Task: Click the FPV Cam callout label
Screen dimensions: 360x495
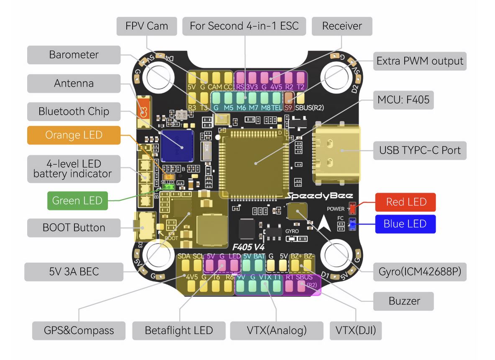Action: [146, 26]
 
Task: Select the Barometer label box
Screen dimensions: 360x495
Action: [74, 55]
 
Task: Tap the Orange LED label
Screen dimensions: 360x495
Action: [74, 135]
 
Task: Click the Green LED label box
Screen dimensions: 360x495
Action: [77, 201]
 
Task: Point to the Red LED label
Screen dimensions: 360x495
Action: [405, 202]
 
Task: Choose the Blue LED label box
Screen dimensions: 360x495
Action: [405, 224]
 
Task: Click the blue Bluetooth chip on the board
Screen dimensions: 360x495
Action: [177, 146]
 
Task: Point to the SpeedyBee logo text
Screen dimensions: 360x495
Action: [320, 196]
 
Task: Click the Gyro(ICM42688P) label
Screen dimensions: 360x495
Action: [419, 272]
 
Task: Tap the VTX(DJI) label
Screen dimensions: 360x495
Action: [356, 331]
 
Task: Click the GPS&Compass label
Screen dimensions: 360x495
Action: [79, 331]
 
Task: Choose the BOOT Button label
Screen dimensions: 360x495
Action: [74, 228]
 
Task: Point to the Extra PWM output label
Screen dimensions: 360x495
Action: [419, 61]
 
